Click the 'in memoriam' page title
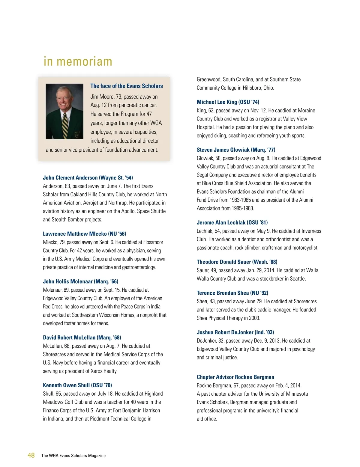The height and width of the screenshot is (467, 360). point(78,61)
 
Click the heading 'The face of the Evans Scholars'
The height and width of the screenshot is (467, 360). point(127,86)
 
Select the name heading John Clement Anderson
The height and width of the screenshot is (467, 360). point(88,178)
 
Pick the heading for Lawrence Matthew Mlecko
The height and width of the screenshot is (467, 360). point(84,234)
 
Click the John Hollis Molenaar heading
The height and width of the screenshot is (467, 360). point(80,281)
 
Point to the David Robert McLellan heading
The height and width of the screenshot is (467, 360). point(82,338)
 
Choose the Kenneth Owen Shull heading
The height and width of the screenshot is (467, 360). point(77,385)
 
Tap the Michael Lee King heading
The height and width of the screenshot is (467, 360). point(228,102)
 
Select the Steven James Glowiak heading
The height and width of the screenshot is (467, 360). point(236,150)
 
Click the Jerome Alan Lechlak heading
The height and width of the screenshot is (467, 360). point(232,222)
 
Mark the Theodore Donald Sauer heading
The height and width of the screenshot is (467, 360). point(237,262)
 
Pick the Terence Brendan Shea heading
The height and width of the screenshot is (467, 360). point(232,293)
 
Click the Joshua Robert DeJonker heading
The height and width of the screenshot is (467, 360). point(235,332)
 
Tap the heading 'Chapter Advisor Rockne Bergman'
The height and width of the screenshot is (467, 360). point(235,377)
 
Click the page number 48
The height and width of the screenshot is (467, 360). point(31,455)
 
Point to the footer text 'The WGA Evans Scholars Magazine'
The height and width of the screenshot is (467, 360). point(73,456)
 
